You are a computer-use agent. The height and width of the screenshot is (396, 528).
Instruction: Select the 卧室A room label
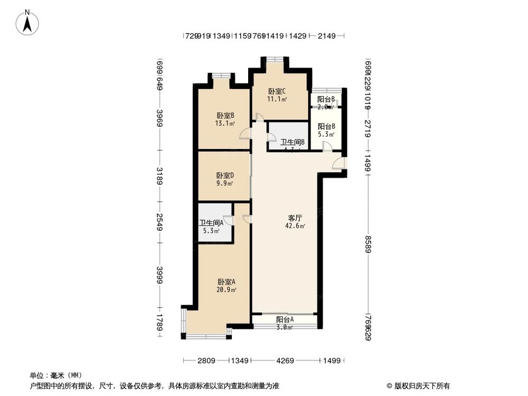pyautogui.click(x=225, y=282)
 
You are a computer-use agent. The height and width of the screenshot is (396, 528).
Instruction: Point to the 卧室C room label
pyautogui.click(x=277, y=91)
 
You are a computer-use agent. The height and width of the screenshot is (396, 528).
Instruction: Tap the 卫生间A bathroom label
pyautogui.click(x=211, y=223)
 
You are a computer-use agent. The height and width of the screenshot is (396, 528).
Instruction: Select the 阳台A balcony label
pyautogui.click(x=285, y=319)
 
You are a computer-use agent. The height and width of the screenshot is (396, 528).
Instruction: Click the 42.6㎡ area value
pyautogui.click(x=296, y=226)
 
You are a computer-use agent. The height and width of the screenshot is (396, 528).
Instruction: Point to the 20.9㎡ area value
pyautogui.click(x=225, y=290)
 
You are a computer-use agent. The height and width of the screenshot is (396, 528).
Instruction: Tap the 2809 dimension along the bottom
pyautogui.click(x=206, y=361)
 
